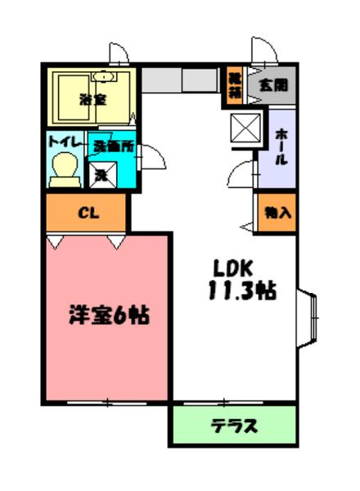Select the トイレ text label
tap(65, 142)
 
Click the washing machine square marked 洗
tap(103, 173)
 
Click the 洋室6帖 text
tap(107, 315)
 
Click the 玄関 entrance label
tap(273, 84)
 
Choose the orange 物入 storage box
tap(276, 212)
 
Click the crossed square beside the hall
tap(243, 128)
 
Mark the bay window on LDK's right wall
tap(310, 319)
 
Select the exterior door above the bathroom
tap(119, 53)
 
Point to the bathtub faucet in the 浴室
tap(103, 76)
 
